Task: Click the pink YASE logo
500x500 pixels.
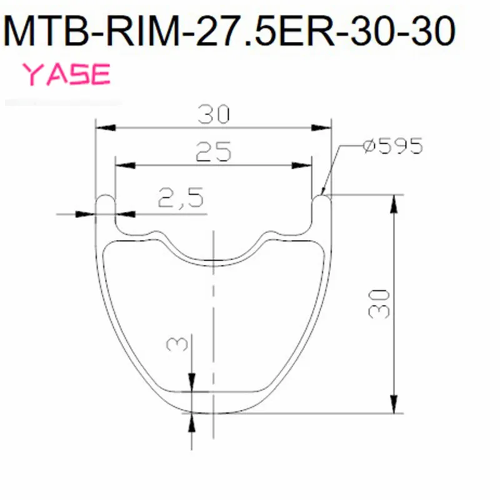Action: [x=67, y=74]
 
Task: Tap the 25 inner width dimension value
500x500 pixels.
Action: [x=213, y=151]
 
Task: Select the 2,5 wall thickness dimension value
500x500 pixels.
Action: [x=181, y=197]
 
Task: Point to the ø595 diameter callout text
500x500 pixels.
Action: [x=393, y=146]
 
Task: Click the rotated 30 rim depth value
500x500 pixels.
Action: [x=379, y=304]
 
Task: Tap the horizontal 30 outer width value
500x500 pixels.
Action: [x=213, y=114]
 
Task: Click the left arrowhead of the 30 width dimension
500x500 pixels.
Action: [x=106, y=128]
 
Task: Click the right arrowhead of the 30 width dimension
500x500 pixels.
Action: [x=321, y=128]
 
